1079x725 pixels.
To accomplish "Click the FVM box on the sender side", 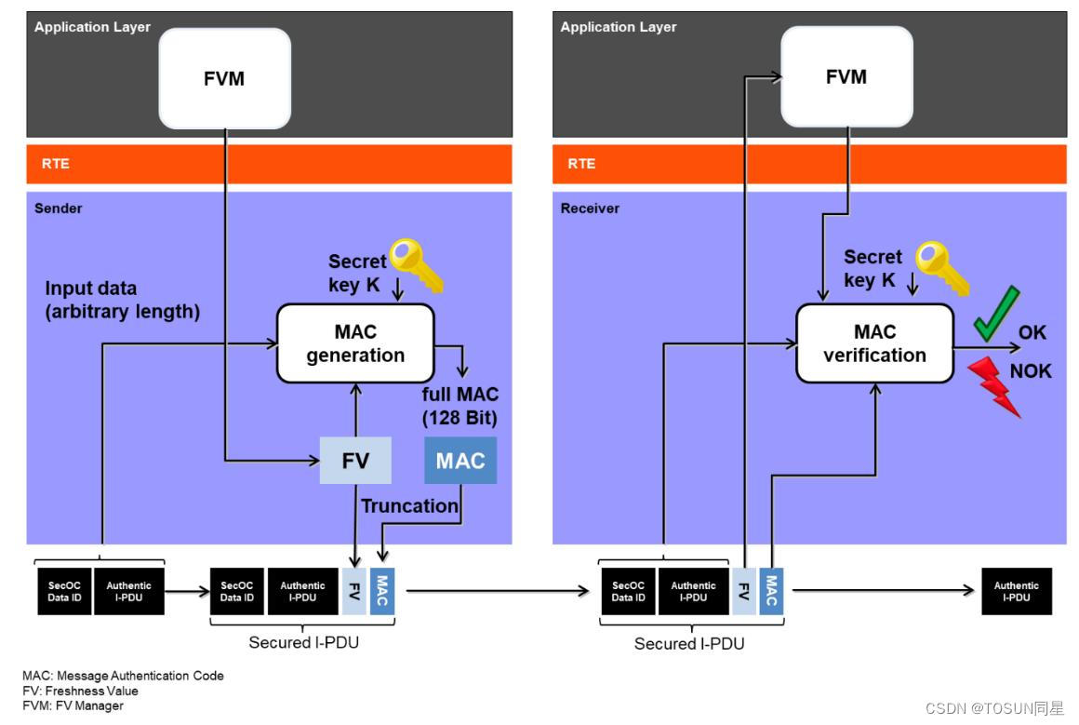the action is pyautogui.click(x=224, y=78).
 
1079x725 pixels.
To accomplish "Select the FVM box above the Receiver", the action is pyautogui.click(x=846, y=76).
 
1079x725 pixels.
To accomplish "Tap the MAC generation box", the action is pyautogui.click(x=355, y=343).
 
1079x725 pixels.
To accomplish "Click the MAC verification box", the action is pyautogui.click(x=874, y=343).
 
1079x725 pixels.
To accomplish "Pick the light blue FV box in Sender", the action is pyautogui.click(x=355, y=460).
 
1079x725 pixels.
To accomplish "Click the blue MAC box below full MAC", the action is pyautogui.click(x=460, y=460).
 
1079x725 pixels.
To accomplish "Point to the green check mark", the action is pyautogui.click(x=996, y=314).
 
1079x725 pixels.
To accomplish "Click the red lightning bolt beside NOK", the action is pyautogui.click(x=994, y=387).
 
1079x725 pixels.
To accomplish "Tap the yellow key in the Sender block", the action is pyautogui.click(x=417, y=265).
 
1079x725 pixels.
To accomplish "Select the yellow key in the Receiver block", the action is pyautogui.click(x=942, y=268).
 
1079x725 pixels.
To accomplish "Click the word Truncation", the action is pyautogui.click(x=409, y=506).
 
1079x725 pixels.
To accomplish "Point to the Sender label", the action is pyautogui.click(x=59, y=208).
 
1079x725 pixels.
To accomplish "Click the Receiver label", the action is pyautogui.click(x=590, y=208).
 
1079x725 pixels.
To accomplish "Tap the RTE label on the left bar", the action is pyautogui.click(x=56, y=164).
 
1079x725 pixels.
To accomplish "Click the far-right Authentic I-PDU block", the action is pyautogui.click(x=1017, y=591).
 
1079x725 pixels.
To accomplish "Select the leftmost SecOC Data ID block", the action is pyautogui.click(x=65, y=591).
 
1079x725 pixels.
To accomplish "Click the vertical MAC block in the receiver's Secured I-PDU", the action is pyautogui.click(x=771, y=591).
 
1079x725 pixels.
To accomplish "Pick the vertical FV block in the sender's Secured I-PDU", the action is pyautogui.click(x=354, y=591).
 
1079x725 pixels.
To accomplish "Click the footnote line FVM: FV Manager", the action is pyautogui.click(x=73, y=705).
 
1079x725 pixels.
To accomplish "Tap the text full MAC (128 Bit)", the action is pyautogui.click(x=460, y=406).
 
